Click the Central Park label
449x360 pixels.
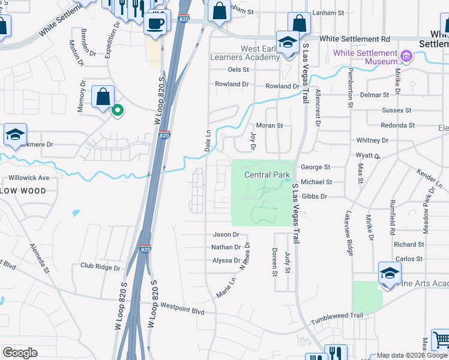click(x=267, y=175)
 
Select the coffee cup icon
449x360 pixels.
click(x=156, y=24)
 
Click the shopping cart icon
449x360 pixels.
click(x=440, y=340)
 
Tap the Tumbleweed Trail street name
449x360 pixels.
click(x=340, y=316)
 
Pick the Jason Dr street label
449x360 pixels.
click(x=226, y=235)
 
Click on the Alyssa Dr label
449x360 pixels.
click(x=226, y=260)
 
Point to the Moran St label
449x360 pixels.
click(x=270, y=126)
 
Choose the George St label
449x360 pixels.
click(x=316, y=167)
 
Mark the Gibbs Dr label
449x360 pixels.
click(x=315, y=196)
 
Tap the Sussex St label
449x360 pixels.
click(x=397, y=110)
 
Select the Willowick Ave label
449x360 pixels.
click(x=28, y=178)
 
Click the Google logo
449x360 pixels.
click(x=20, y=353)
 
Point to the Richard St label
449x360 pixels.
click(x=409, y=245)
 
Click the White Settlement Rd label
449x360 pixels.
click(x=354, y=38)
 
